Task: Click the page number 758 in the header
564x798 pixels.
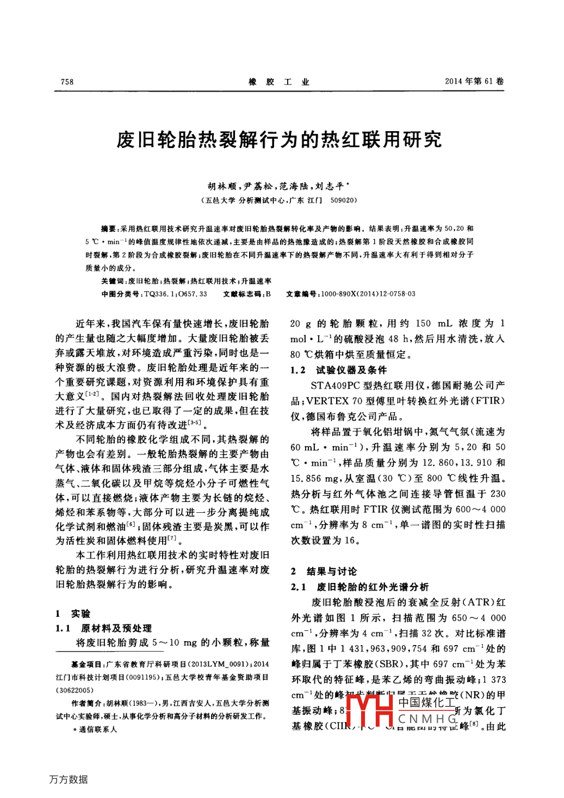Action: [x=67, y=82]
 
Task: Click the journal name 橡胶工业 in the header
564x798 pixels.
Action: [x=279, y=82]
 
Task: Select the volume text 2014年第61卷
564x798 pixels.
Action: [x=474, y=81]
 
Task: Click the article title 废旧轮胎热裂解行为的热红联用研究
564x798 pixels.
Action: [x=279, y=140]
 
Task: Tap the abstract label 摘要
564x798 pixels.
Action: [x=109, y=229]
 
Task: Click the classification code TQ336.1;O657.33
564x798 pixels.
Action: [x=176, y=294]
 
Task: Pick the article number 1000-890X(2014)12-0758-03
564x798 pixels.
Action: [x=368, y=294]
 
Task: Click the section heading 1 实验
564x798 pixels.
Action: [x=73, y=613]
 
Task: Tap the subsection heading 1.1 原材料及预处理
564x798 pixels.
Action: [x=103, y=628]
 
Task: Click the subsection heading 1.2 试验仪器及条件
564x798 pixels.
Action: [x=338, y=370]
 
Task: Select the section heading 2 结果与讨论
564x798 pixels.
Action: [x=324, y=571]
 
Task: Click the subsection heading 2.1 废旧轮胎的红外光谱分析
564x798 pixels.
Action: [x=360, y=587]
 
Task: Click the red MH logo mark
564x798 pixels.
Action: [x=370, y=709]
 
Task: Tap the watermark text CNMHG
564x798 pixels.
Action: [x=427, y=719]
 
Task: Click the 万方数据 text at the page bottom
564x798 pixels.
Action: [x=69, y=779]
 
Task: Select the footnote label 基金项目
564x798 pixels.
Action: [x=88, y=664]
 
